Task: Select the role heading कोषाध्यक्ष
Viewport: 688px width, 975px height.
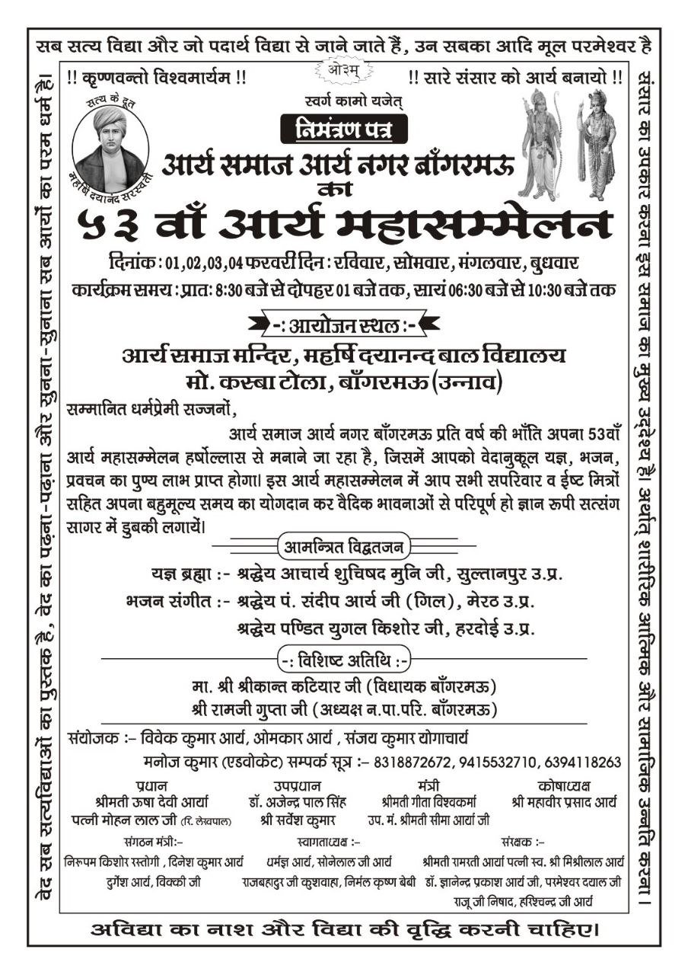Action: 563,785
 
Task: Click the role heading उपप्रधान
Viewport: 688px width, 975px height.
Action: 297,785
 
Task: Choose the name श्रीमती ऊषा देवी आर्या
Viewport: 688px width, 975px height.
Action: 152,802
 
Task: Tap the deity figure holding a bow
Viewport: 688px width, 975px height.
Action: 542,145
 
